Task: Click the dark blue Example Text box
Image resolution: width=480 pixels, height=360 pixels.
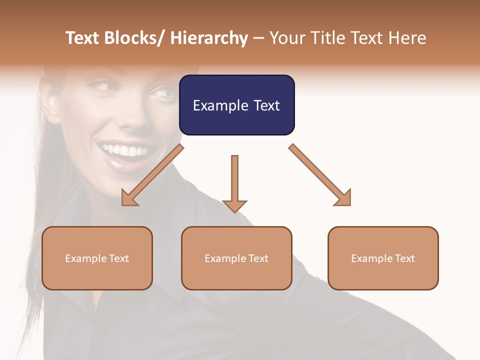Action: [236, 105]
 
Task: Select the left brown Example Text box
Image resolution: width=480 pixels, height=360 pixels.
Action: [97, 258]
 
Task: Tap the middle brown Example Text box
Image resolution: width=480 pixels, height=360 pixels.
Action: [236, 258]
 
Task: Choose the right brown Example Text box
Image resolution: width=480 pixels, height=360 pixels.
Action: [383, 258]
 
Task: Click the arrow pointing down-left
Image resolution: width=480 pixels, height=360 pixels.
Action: [152, 175]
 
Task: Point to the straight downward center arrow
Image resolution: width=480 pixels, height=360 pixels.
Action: [234, 182]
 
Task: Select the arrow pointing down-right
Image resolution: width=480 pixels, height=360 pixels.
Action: [320, 175]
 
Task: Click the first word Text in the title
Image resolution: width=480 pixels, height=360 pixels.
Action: [83, 38]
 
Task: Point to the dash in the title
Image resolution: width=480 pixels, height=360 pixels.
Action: [258, 38]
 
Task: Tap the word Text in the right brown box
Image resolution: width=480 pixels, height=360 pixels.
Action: [405, 258]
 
